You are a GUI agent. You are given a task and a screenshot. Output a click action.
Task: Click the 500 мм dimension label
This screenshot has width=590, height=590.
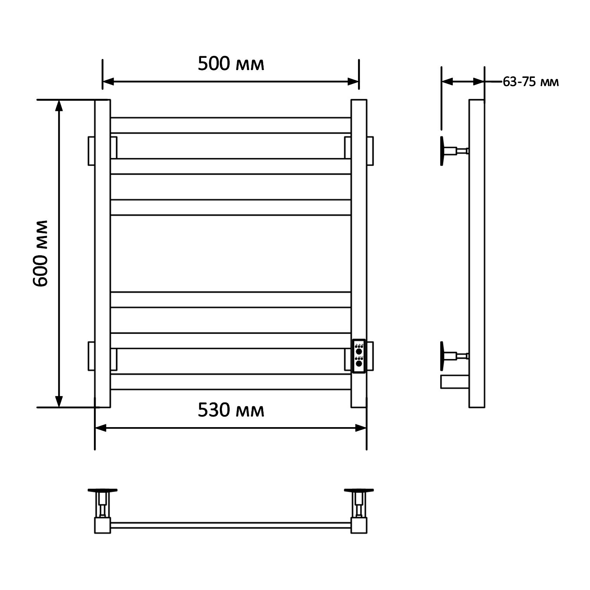(x=231, y=64)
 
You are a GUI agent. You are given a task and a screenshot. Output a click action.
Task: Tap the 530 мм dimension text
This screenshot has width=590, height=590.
(x=231, y=410)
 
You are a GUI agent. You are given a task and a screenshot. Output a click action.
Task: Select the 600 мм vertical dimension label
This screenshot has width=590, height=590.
(x=40, y=253)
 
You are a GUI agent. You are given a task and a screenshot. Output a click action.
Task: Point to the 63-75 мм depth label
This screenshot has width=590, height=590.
(x=531, y=82)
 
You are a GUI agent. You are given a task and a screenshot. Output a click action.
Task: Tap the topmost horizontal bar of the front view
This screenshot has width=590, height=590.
(x=231, y=125)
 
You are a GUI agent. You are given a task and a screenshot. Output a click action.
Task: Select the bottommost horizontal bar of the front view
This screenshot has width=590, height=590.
(x=231, y=382)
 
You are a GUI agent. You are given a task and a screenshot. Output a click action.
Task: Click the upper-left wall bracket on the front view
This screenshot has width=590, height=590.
(x=91, y=151)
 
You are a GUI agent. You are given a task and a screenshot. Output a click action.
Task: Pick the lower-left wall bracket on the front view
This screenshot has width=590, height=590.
(x=91, y=356)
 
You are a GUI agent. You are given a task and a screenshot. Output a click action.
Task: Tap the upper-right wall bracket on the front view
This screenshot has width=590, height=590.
(x=370, y=151)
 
